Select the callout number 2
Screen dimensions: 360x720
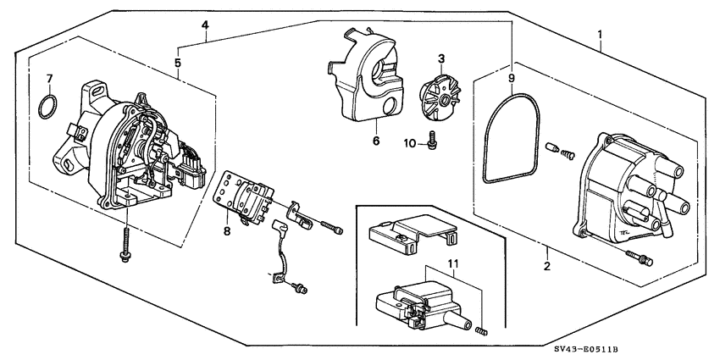pyautogui.click(x=547, y=267)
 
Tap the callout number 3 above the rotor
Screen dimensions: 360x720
pyautogui.click(x=441, y=58)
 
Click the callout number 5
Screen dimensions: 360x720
pyautogui.click(x=178, y=62)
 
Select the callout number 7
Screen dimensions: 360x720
pyautogui.click(x=49, y=79)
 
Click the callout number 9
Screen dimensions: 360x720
pyautogui.click(x=512, y=78)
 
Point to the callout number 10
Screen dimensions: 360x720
pyautogui.click(x=410, y=144)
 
